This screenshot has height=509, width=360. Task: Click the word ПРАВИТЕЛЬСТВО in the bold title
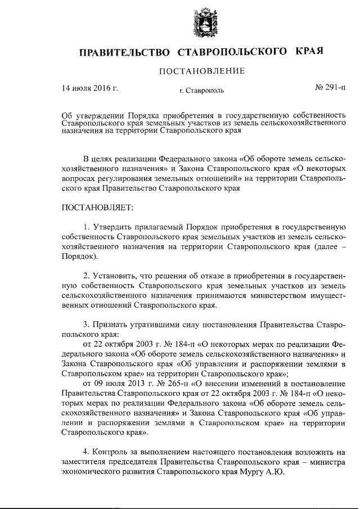point(124,52)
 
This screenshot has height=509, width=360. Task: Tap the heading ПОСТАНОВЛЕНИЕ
point(202,71)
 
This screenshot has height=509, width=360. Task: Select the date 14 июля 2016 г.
point(89,88)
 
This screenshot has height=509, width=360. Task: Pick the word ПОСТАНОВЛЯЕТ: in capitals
point(97,209)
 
